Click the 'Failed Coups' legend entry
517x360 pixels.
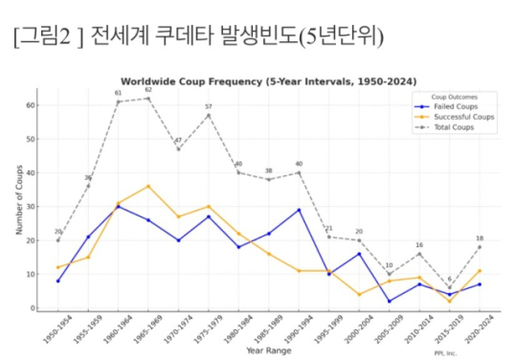click(456, 107)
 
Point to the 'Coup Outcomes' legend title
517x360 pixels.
click(451, 98)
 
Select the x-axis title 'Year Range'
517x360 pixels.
click(268, 350)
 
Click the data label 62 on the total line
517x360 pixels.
click(147, 90)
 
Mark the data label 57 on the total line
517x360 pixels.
click(208, 107)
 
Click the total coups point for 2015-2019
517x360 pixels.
click(449, 287)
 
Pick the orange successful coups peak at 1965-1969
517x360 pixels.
click(147, 186)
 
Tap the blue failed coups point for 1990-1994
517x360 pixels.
click(299, 210)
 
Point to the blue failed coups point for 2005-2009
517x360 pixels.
click(389, 301)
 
